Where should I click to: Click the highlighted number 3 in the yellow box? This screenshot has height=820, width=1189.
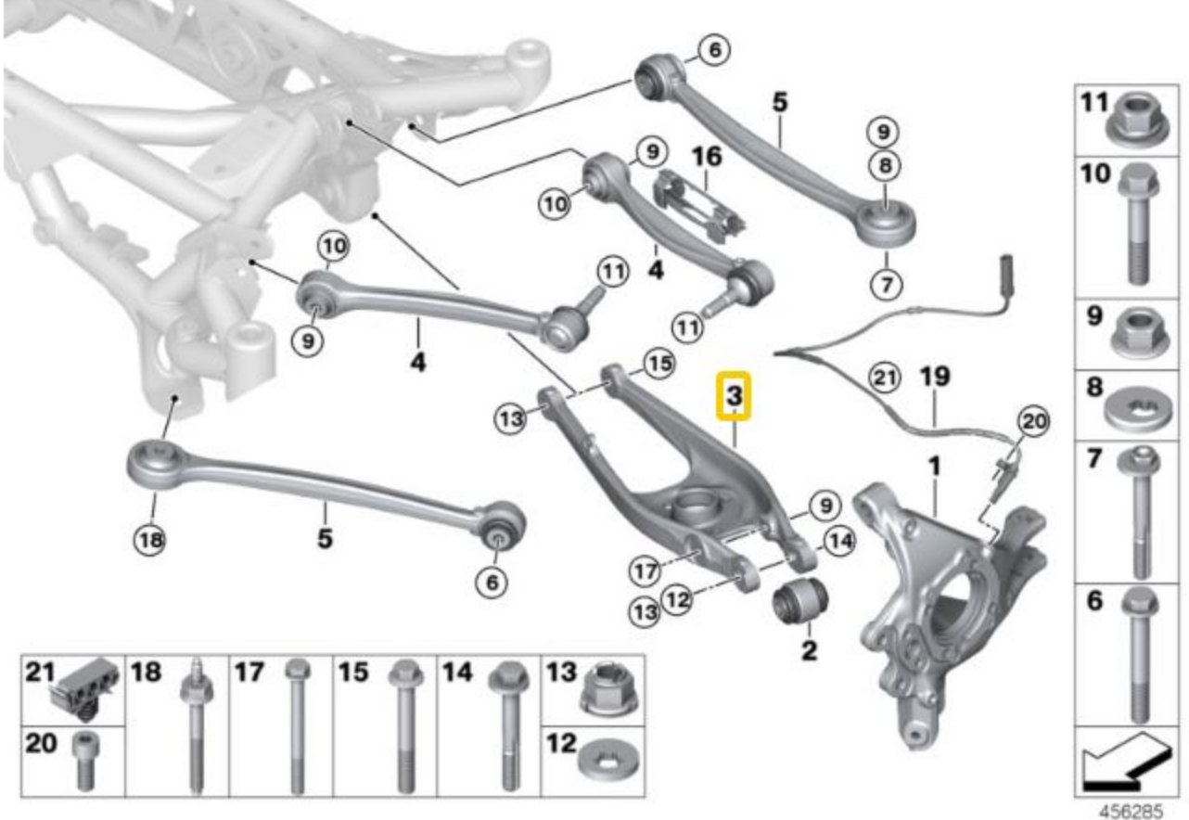point(734,396)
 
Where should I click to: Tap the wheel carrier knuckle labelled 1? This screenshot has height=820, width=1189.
point(937,594)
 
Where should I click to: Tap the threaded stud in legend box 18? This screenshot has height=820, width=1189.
point(196,733)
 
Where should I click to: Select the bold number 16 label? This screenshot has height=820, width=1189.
point(707,157)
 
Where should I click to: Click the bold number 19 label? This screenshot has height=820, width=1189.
point(935,377)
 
